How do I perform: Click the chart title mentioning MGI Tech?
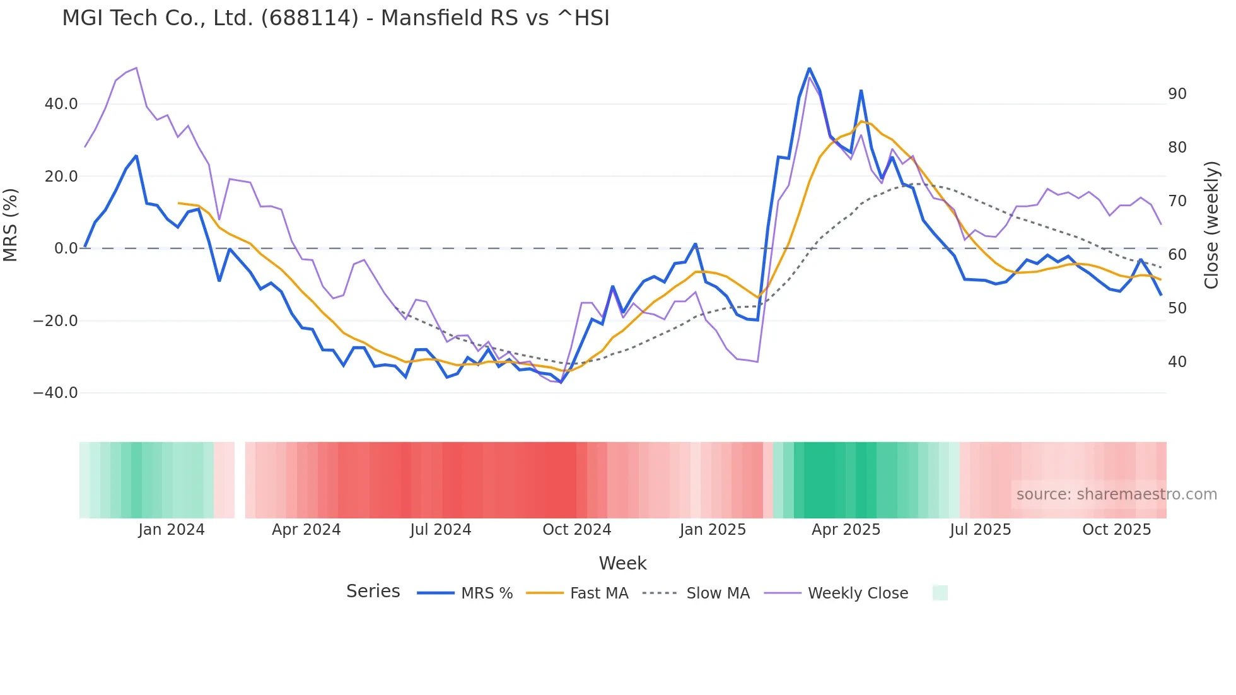click(335, 18)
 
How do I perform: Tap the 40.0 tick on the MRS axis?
click(61, 104)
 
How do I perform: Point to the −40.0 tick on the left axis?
click(55, 393)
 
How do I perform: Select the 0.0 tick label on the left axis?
click(66, 248)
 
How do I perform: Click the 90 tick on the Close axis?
click(1177, 94)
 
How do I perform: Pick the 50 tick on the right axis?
click(1177, 308)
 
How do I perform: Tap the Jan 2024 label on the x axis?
click(172, 530)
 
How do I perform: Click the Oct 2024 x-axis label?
click(576, 530)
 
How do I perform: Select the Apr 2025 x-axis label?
click(846, 530)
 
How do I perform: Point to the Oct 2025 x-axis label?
click(1116, 530)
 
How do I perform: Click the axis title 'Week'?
click(622, 563)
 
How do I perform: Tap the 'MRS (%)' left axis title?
click(11, 225)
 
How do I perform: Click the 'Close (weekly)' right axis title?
click(1211, 225)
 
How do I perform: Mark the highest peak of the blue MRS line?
click(809, 69)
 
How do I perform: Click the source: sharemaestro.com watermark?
click(1116, 494)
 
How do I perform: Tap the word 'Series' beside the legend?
click(373, 592)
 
